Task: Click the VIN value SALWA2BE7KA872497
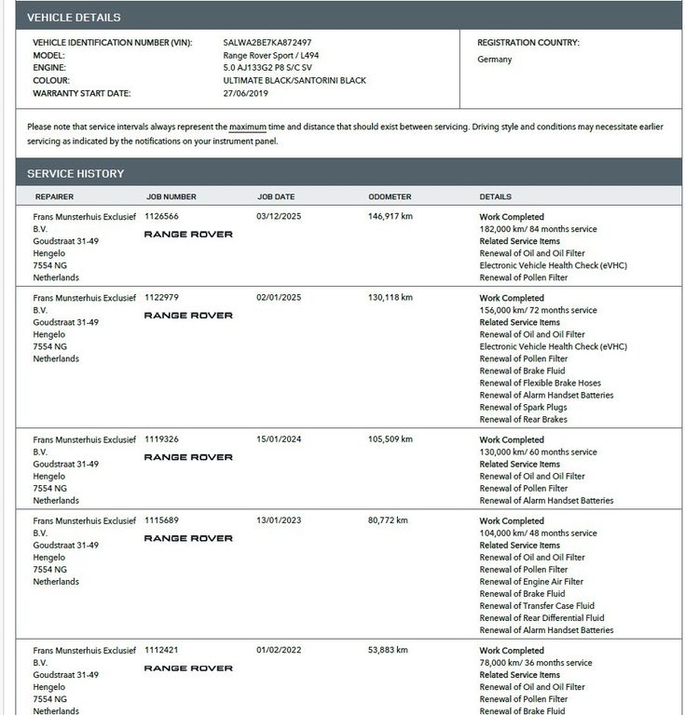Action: point(267,43)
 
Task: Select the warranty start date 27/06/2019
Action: point(245,93)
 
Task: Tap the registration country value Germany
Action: point(494,60)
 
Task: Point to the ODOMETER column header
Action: point(390,197)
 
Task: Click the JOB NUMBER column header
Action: point(171,197)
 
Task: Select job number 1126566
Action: point(161,216)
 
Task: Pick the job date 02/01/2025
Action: point(279,298)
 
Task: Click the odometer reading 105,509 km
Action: point(390,439)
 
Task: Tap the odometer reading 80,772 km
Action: point(388,521)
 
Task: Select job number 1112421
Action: point(161,651)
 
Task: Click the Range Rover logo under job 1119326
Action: point(188,457)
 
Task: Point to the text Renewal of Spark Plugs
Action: point(523,407)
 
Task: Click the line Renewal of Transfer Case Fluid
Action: point(537,606)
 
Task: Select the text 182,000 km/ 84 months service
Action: point(538,229)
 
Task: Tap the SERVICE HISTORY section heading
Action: point(75,174)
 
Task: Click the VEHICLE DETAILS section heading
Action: point(74,18)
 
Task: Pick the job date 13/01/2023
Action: point(279,521)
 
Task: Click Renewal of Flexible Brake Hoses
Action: point(540,383)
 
